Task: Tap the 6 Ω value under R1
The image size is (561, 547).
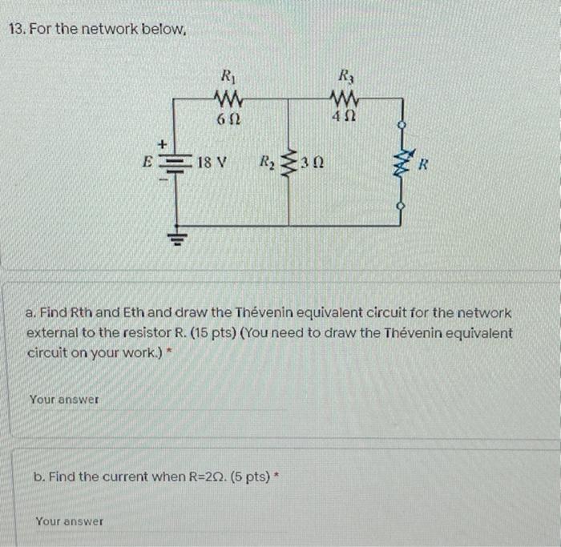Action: tap(228, 119)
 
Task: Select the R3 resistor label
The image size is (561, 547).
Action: tap(346, 76)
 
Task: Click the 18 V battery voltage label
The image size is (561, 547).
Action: tap(212, 163)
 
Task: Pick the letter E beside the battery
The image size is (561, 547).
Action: tap(147, 162)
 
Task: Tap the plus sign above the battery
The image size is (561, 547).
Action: tap(163, 145)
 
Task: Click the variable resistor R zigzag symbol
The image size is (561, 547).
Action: tap(402, 164)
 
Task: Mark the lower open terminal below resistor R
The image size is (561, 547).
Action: tap(402, 207)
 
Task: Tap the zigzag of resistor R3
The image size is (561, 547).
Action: tap(344, 97)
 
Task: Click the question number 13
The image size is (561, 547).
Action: tap(17, 29)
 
